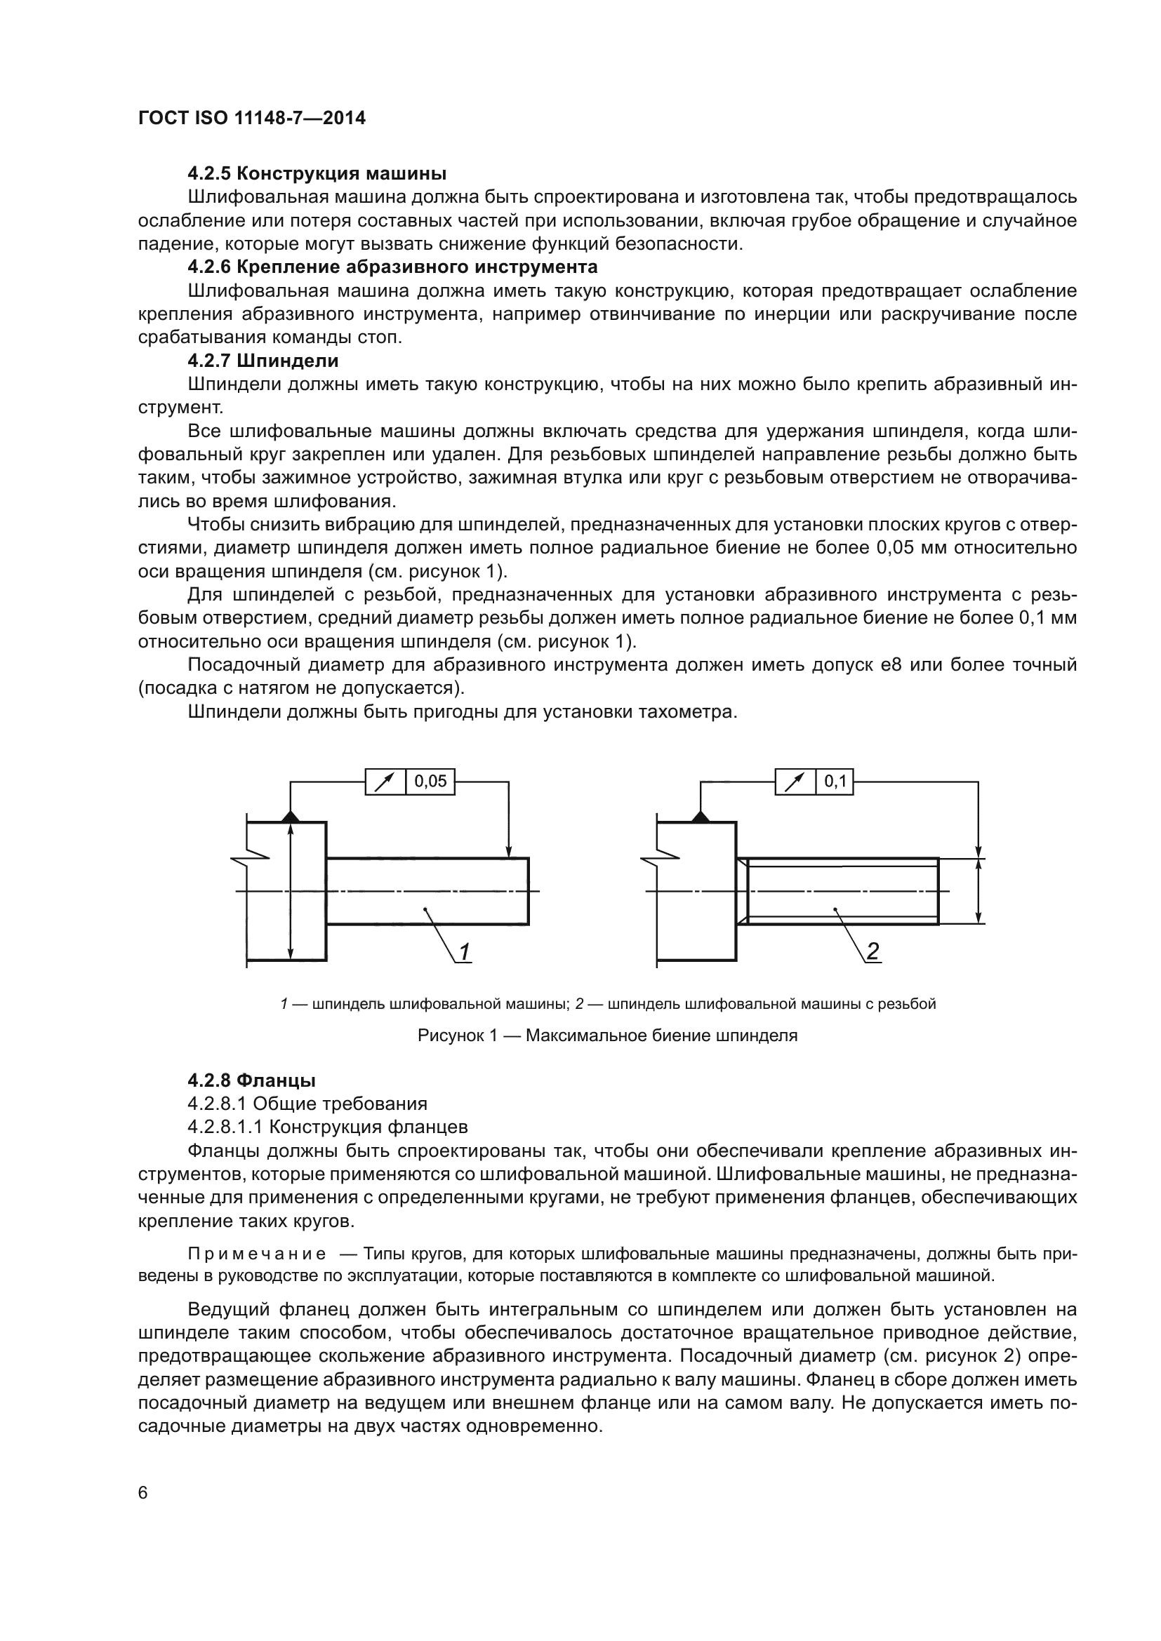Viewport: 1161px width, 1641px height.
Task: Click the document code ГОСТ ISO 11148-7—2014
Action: point(252,118)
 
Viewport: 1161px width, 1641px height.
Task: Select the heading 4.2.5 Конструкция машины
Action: point(317,174)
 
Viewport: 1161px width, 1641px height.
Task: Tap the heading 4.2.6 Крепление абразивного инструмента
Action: point(392,267)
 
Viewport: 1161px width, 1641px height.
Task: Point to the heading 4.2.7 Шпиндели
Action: point(263,361)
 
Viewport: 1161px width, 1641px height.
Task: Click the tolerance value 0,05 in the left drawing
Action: point(430,781)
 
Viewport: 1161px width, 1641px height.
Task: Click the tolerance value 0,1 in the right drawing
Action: point(835,781)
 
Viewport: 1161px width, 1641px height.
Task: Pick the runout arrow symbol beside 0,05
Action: point(385,782)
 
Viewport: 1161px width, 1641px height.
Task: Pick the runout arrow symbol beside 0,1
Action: point(795,782)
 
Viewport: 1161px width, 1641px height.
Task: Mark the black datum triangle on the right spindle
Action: point(700,816)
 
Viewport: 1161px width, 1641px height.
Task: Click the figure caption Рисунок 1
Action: point(607,1036)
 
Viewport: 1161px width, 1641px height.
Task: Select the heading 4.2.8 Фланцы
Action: point(252,1080)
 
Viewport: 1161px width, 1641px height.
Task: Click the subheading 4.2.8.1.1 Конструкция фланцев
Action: point(327,1127)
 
